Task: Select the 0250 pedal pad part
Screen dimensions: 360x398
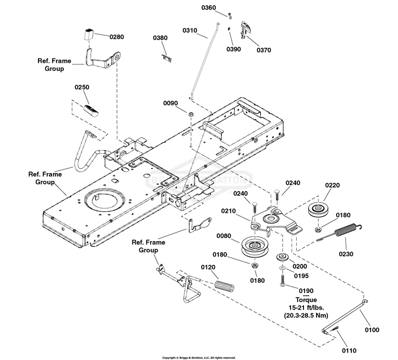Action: tap(89, 110)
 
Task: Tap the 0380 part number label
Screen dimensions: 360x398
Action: tap(160, 38)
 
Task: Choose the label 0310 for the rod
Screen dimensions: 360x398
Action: tap(190, 31)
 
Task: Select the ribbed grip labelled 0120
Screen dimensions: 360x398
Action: tap(222, 286)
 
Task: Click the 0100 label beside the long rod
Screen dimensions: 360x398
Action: tap(372, 330)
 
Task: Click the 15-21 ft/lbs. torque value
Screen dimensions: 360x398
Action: tap(306, 308)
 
